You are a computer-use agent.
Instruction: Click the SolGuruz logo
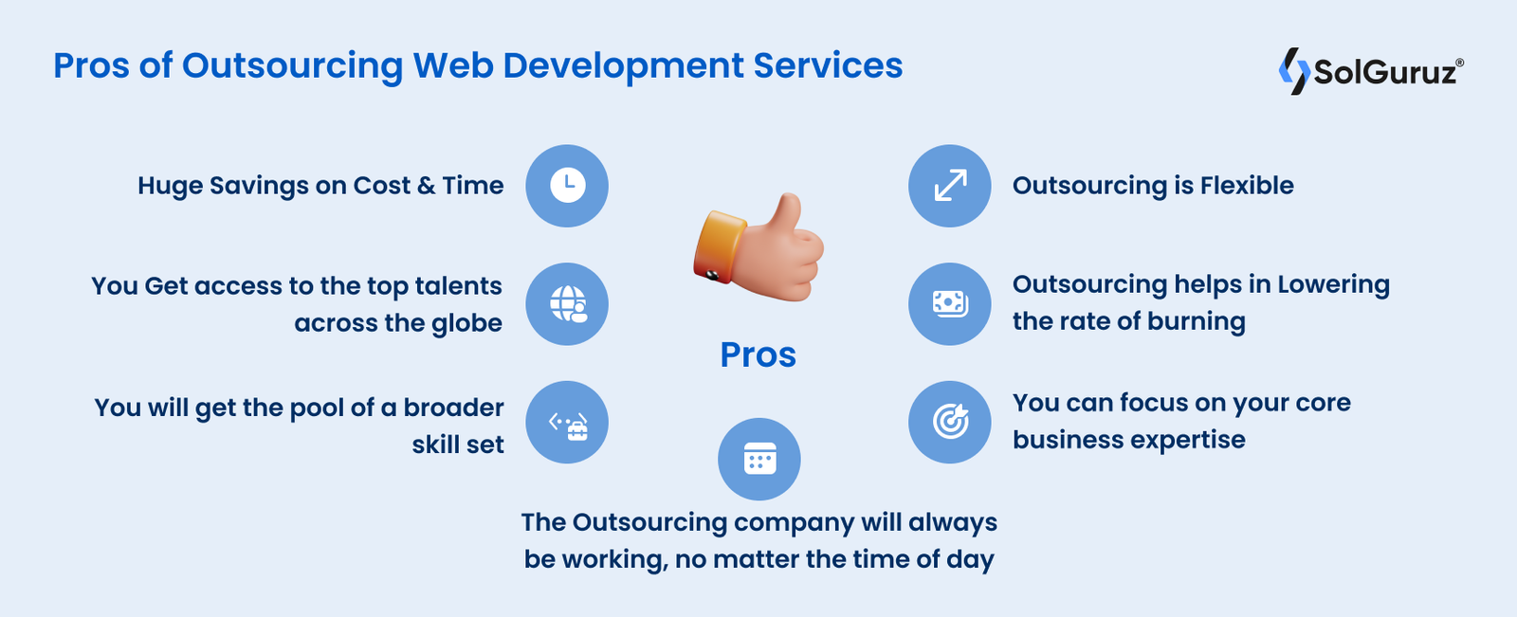click(1371, 71)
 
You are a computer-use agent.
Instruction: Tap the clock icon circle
click(567, 186)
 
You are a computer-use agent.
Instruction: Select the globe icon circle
click(567, 304)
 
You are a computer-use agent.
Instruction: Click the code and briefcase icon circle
click(567, 423)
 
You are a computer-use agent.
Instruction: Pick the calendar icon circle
click(759, 460)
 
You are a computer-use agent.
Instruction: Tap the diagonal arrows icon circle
click(950, 186)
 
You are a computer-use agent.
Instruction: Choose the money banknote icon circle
click(950, 304)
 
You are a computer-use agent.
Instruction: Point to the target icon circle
click(950, 423)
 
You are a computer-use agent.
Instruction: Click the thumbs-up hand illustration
click(768, 248)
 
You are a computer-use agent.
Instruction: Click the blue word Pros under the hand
click(758, 354)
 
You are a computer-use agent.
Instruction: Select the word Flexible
click(1247, 186)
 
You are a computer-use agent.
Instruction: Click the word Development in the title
click(623, 65)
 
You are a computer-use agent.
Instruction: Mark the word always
click(953, 523)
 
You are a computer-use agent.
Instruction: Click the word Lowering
click(1333, 285)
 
